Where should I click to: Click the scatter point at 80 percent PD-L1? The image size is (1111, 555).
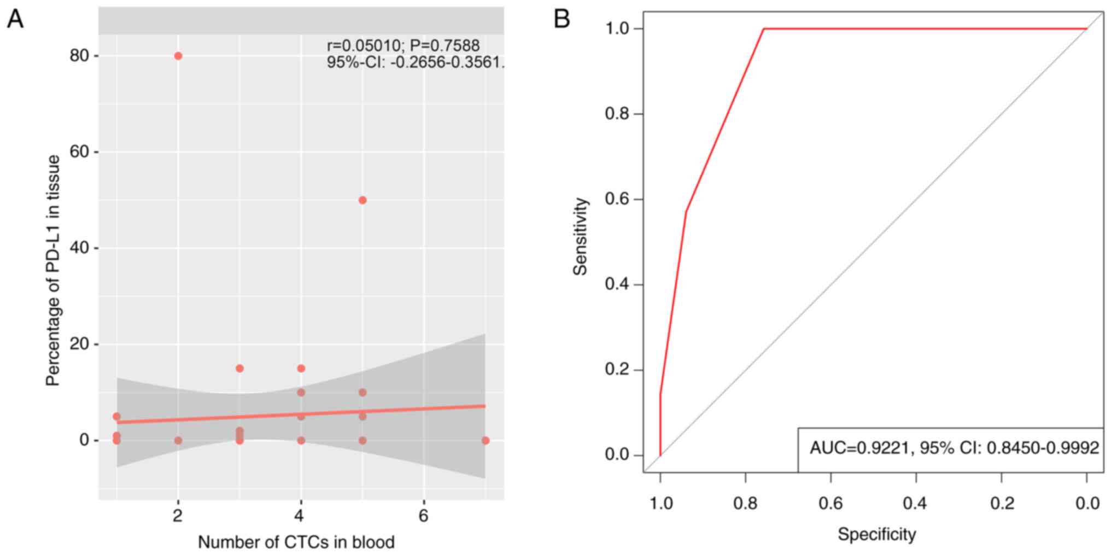click(178, 56)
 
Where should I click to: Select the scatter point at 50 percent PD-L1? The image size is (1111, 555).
click(362, 200)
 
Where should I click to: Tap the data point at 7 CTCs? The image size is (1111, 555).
click(486, 440)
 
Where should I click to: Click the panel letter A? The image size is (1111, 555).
click(15, 20)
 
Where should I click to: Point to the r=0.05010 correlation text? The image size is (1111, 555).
click(403, 46)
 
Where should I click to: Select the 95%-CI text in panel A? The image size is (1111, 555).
click(415, 62)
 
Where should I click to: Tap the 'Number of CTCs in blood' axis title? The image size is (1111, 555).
click(296, 542)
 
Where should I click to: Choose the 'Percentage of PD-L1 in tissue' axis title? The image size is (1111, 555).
click(53, 271)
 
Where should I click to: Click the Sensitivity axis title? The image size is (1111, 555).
click(580, 236)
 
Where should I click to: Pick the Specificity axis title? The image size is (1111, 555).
click(876, 534)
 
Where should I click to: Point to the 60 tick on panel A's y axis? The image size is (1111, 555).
click(79, 151)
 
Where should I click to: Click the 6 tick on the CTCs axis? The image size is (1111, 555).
click(424, 516)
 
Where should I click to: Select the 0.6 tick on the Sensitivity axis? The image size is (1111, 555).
click(618, 200)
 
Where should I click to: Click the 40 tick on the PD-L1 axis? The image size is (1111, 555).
click(79, 248)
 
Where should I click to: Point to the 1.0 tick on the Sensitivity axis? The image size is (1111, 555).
click(618, 28)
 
